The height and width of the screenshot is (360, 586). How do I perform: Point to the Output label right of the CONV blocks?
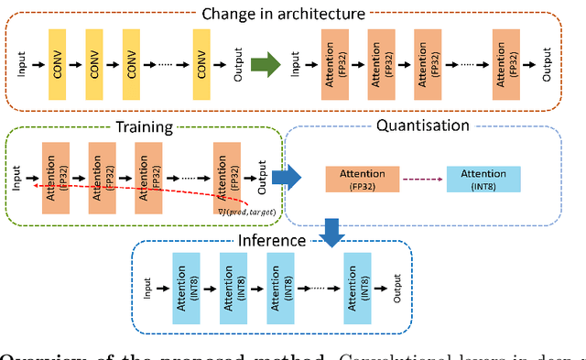tap(239, 65)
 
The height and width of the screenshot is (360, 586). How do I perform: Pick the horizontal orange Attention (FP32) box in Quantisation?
tap(363, 178)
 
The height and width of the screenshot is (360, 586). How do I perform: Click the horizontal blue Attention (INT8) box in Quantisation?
tap(483, 178)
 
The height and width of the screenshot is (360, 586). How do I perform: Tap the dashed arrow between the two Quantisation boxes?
tap(422, 179)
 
